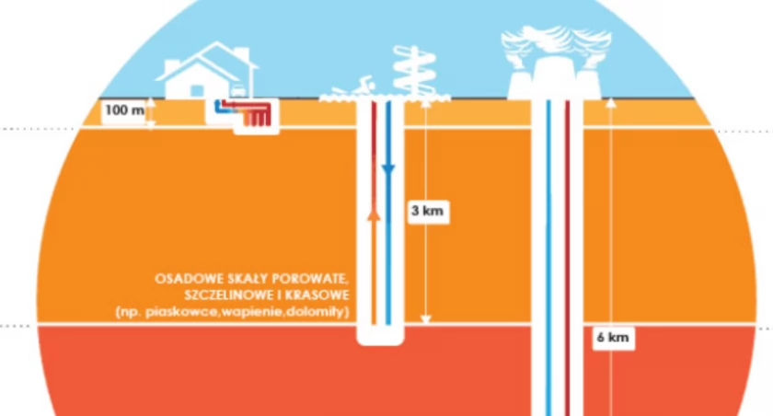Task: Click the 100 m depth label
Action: (125, 110)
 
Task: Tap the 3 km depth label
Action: (428, 211)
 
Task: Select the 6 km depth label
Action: (613, 338)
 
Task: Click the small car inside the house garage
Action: (238, 91)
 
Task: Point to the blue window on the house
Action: (197, 91)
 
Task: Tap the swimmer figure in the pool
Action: (352, 87)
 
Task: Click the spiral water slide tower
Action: (415, 72)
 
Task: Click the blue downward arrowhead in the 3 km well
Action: (388, 170)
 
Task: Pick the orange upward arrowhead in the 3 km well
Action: (375, 214)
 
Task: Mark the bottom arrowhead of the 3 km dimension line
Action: (426, 318)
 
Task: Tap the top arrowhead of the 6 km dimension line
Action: (611, 103)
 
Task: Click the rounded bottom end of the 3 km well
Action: (381, 338)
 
